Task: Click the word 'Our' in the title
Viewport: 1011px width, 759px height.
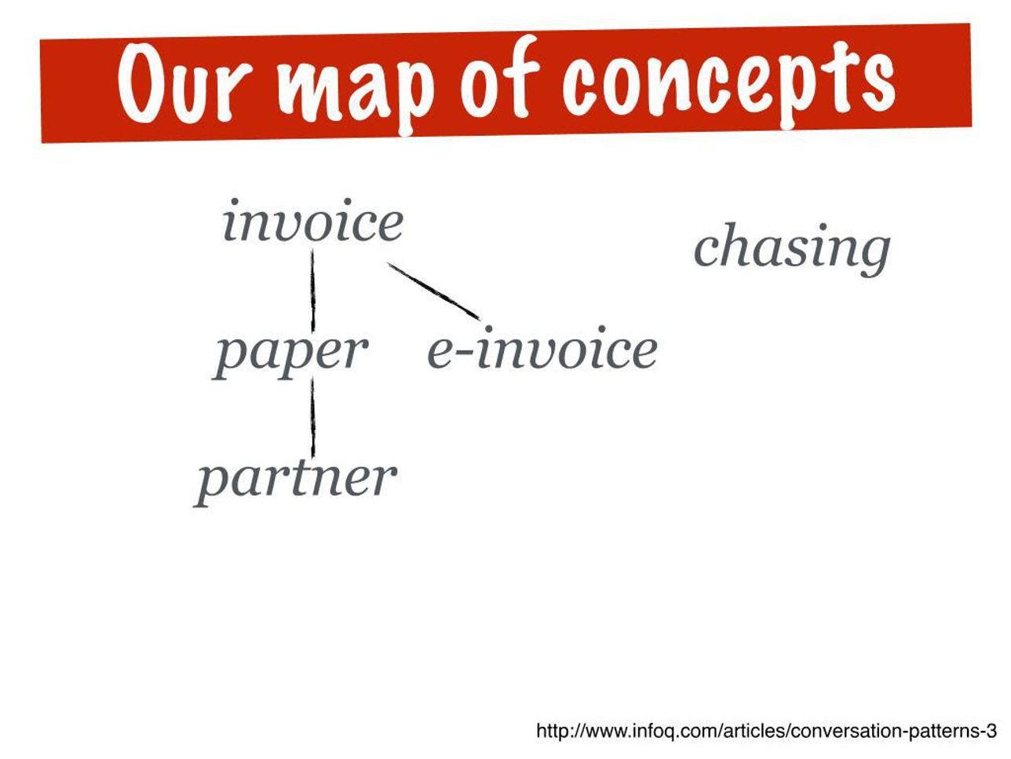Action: click(x=184, y=83)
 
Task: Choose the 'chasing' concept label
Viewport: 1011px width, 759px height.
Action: click(x=792, y=249)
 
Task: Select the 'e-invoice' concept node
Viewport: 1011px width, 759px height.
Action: click(x=542, y=347)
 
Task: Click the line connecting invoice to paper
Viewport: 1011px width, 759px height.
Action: click(x=312, y=291)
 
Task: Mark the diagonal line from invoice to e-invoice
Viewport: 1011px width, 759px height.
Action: click(x=433, y=291)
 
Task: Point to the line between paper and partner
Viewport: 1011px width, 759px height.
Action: click(x=312, y=417)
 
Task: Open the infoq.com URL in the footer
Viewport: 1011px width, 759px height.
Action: click(x=766, y=731)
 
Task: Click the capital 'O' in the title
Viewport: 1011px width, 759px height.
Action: click(x=141, y=83)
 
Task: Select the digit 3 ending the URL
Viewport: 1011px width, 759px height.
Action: click(x=991, y=730)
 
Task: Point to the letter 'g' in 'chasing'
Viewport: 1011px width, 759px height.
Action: click(x=872, y=256)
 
